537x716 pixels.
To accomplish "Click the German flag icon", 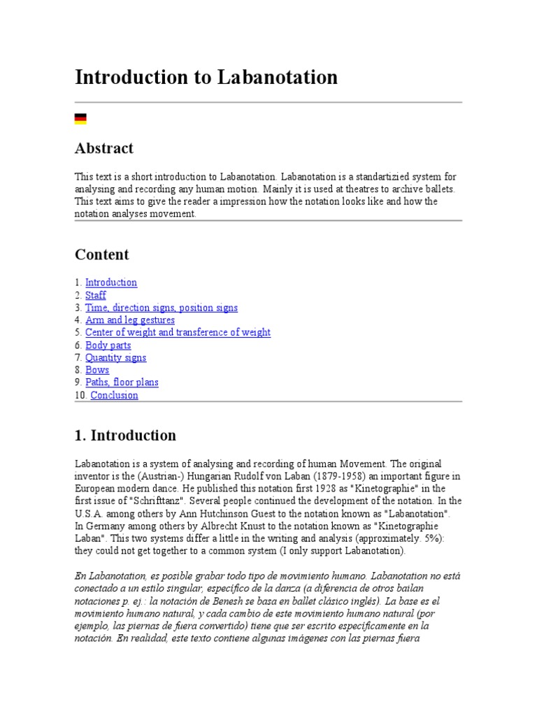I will (80, 119).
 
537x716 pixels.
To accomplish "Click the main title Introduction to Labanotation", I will (206, 77).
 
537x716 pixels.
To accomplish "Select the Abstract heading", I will (103, 148).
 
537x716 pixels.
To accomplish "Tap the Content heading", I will (101, 255).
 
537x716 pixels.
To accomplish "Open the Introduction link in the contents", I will (111, 282).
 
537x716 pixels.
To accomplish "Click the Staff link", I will (96, 295).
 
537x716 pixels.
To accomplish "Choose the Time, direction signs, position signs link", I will (162, 308).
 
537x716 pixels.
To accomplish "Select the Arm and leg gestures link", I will (130, 320).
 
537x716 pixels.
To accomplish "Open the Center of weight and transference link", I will (178, 333).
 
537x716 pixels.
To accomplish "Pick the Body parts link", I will (108, 345).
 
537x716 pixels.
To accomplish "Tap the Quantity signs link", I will (115, 358).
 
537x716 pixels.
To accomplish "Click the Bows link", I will (97, 370).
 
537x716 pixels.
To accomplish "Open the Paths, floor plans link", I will (122, 382).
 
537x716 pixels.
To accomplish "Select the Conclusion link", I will (114, 395).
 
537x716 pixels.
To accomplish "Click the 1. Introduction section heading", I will (125, 436).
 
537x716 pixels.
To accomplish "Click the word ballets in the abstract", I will (438, 189).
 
